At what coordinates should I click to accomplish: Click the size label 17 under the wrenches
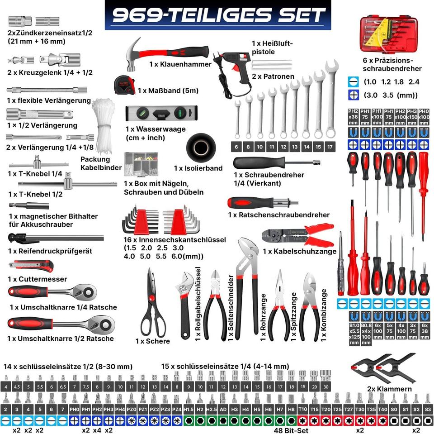tap(330, 147)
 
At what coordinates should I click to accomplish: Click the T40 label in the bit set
tap(382, 409)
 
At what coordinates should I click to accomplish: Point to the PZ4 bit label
tap(177, 409)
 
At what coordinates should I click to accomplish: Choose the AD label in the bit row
tap(223, 409)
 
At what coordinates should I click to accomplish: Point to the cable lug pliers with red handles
tap(298, 235)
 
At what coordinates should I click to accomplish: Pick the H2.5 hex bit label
tap(211, 409)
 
